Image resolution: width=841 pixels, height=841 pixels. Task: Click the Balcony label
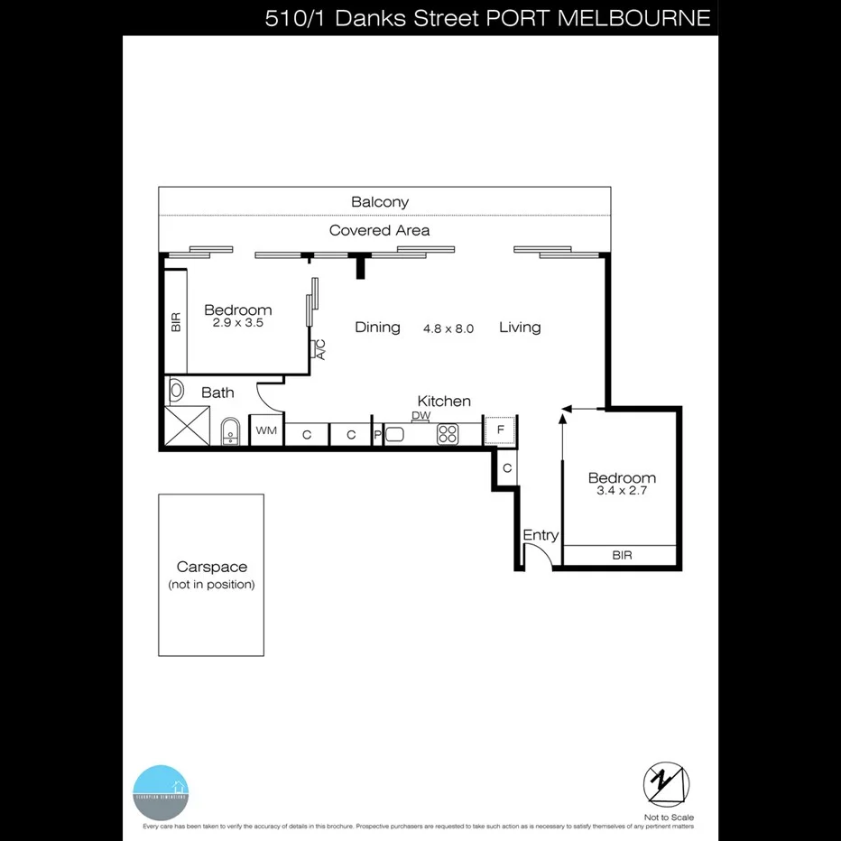379,202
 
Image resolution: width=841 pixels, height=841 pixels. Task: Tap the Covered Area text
379,230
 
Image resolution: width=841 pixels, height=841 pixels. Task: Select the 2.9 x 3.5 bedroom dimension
237,323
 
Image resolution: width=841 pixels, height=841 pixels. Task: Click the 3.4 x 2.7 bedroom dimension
622,492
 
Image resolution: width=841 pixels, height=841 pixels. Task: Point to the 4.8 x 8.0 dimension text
448,329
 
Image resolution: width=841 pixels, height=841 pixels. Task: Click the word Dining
377,327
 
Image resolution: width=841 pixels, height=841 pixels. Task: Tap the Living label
520,327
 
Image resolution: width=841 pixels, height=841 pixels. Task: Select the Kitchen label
443,401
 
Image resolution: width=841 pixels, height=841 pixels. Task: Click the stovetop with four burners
448,434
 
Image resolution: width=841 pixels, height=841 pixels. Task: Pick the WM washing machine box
265,431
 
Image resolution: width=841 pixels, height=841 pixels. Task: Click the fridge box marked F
500,430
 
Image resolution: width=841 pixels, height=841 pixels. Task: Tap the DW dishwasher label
420,416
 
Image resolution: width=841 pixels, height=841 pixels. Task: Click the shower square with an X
188,427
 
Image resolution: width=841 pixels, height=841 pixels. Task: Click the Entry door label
541,535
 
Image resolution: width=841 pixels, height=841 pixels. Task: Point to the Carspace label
211,568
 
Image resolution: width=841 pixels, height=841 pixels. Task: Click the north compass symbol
666,783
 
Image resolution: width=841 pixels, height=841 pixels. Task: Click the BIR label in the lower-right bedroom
622,556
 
